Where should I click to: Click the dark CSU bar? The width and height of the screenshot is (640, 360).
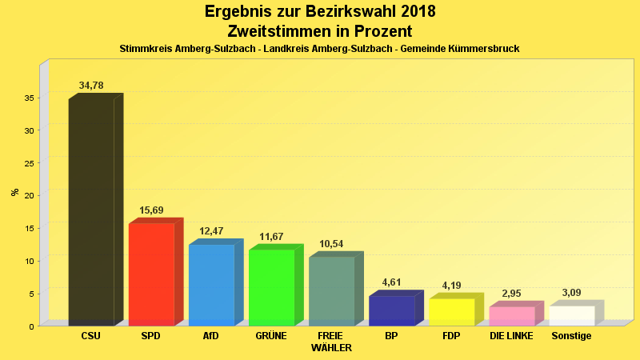pos(91,212)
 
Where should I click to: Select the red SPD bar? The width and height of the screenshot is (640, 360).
pos(151,274)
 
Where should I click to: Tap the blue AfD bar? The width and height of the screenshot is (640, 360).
pos(211,285)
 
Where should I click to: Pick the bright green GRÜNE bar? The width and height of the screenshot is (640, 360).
pos(271,287)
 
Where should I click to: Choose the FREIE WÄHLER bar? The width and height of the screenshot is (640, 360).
pos(331,291)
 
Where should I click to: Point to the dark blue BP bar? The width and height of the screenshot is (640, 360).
pos(391,310)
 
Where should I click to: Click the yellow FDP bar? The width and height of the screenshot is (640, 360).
pos(451,312)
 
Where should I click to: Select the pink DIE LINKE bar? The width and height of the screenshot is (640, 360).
pos(512,316)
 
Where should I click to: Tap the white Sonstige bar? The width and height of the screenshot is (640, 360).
pos(572,315)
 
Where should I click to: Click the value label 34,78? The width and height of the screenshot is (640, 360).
pos(91,86)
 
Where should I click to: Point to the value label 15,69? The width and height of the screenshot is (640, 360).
pos(151,210)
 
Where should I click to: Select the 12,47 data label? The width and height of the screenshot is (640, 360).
pos(211,231)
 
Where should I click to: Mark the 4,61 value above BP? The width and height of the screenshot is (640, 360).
pos(391,282)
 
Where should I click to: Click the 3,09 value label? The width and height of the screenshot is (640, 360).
pos(571,293)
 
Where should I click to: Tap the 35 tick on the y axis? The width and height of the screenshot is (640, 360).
pos(28,98)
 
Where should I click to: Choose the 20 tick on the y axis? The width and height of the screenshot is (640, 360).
pos(28,195)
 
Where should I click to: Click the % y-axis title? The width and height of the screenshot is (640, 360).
pos(15,192)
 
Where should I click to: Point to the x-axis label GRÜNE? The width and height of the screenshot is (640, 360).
pos(271,336)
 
